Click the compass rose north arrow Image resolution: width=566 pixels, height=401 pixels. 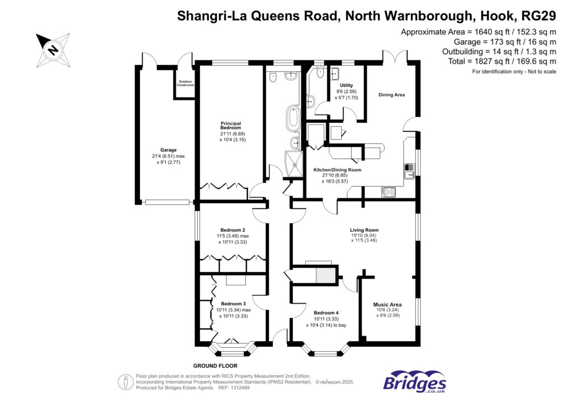click(x=53, y=48)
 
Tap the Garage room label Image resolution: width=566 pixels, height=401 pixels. click(x=169, y=150)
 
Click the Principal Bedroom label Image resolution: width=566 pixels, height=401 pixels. click(x=231, y=125)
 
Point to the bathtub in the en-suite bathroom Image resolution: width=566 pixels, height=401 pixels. click(x=291, y=119)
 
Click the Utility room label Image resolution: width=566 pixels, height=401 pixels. click(x=347, y=85)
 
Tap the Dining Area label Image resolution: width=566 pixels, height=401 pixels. click(x=391, y=95)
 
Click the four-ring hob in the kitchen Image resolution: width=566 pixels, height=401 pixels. click(x=389, y=192)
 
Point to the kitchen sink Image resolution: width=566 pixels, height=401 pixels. click(x=409, y=172)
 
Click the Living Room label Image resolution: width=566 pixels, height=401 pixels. click(x=364, y=230)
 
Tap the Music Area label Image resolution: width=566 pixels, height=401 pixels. click(x=387, y=304)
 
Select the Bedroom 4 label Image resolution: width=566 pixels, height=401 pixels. click(x=326, y=313)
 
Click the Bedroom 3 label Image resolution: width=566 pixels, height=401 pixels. click(x=233, y=304)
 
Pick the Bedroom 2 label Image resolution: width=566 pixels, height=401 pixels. click(x=233, y=230)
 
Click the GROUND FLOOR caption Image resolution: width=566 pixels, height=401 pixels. click(x=215, y=366)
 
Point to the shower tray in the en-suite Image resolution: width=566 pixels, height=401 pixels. click(x=294, y=163)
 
